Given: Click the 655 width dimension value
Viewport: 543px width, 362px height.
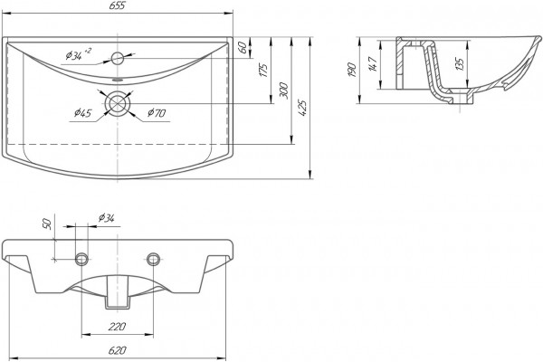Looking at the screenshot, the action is [x=119, y=6].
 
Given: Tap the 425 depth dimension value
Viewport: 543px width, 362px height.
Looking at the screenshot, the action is [x=302, y=108].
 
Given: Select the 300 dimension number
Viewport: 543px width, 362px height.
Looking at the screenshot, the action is [x=284, y=90].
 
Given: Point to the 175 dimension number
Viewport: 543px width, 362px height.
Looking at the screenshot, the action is [x=264, y=70].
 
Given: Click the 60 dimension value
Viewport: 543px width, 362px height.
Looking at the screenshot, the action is [x=243, y=47].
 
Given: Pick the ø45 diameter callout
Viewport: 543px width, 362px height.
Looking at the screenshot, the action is [x=82, y=113].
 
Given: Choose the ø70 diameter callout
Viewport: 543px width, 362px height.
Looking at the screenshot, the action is [x=157, y=113].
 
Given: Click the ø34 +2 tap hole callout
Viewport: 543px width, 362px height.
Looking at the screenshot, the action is [x=79, y=54].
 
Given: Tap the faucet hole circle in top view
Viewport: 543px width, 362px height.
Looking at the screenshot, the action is [x=118, y=58].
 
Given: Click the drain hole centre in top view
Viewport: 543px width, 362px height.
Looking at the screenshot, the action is [x=118, y=103].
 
